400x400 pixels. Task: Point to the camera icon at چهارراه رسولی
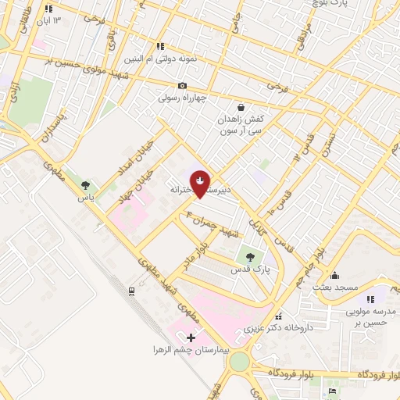182,86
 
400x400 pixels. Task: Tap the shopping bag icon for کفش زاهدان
240,107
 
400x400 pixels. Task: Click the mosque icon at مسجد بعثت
334,274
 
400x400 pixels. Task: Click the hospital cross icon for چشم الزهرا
191,337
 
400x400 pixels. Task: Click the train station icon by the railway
132,291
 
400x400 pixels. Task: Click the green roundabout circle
239,362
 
